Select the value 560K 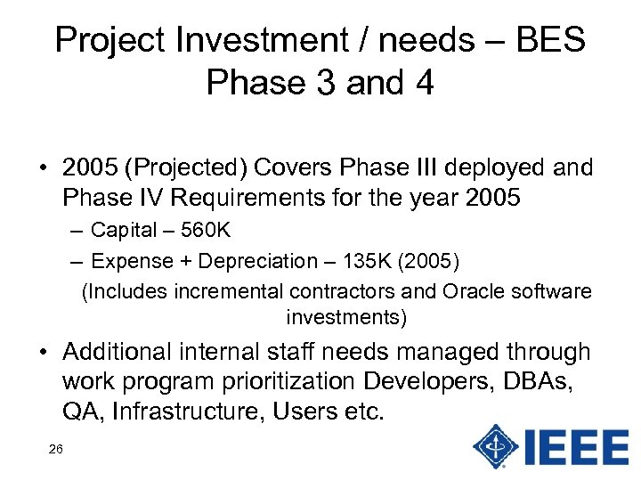tap(206, 231)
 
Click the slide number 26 tap(55, 450)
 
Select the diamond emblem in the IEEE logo tap(495, 445)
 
